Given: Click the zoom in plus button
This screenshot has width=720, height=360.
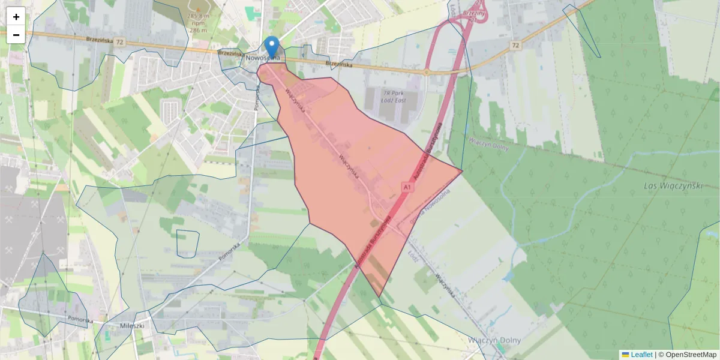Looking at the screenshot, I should coord(16,17).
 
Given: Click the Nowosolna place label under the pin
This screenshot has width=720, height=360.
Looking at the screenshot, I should coord(262,58).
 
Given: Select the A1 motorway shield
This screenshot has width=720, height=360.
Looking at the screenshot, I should coord(408,188).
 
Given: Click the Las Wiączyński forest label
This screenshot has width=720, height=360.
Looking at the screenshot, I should coord(672,186).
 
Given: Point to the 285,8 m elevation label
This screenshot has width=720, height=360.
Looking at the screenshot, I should coord(197,16).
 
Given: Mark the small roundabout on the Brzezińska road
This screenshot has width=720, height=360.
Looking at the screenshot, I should coord(425,73).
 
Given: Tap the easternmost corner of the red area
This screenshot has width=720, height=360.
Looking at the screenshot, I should coord(462,172).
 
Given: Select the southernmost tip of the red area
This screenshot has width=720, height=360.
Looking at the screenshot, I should coord(379,296).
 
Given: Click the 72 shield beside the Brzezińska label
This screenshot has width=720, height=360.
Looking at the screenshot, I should coord(121,42).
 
